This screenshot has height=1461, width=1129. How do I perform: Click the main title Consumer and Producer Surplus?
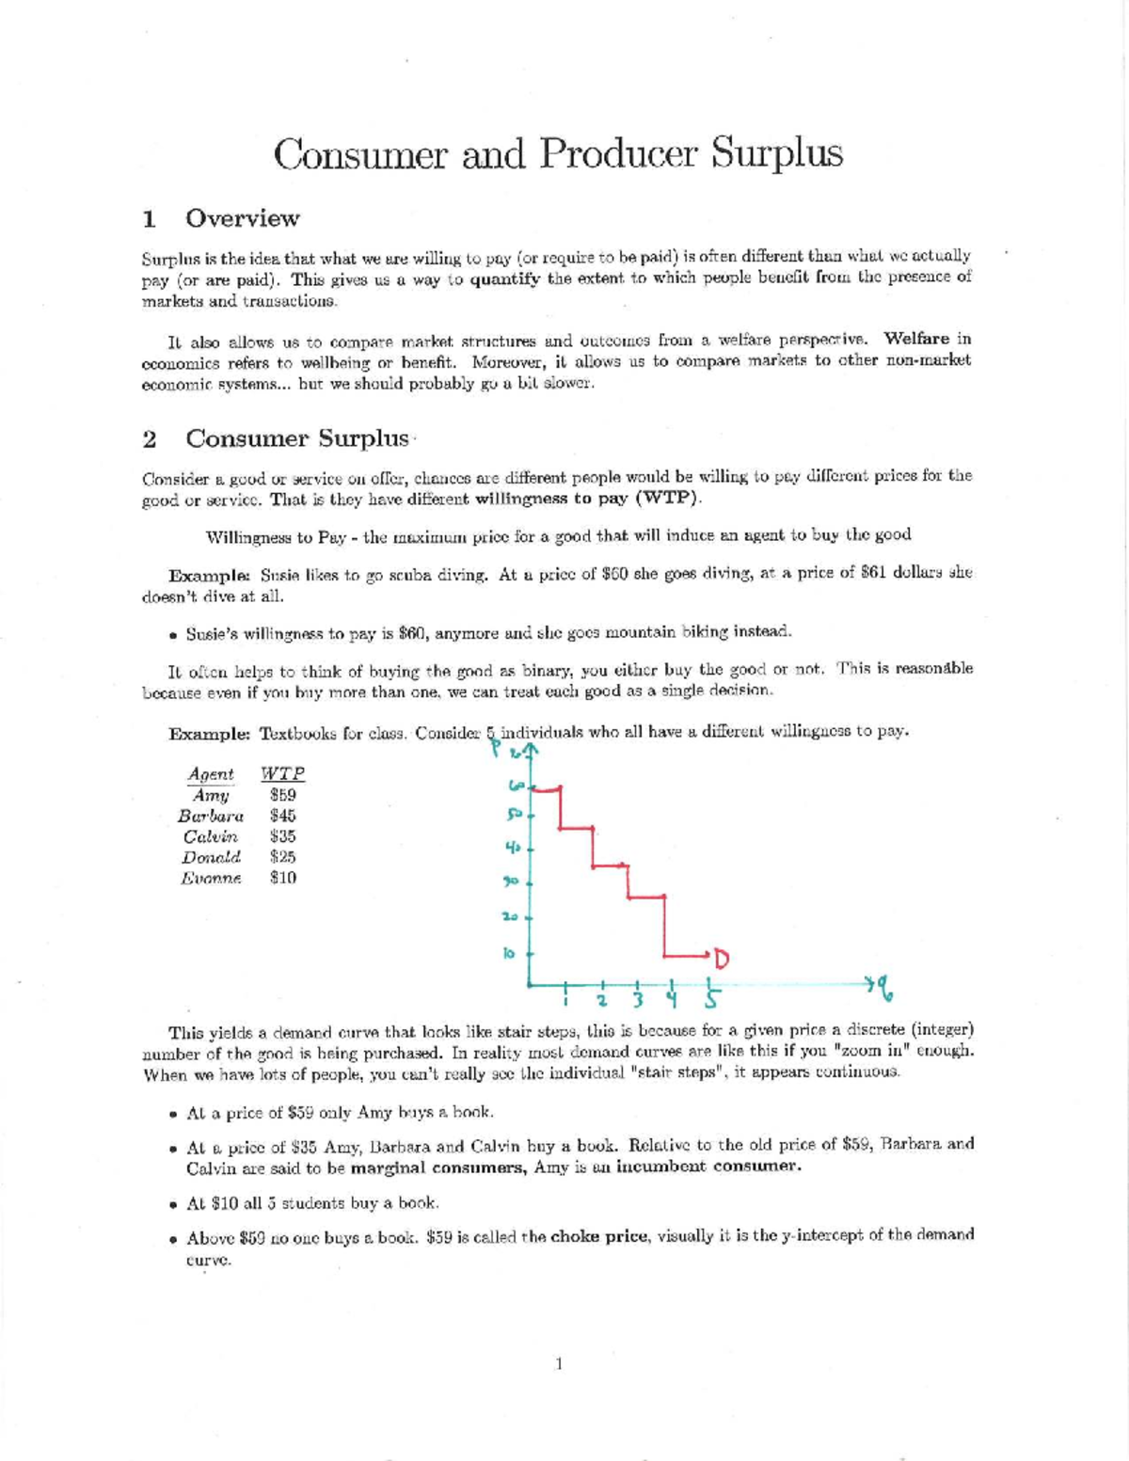click(558, 153)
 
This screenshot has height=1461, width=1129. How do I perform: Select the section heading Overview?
click(242, 218)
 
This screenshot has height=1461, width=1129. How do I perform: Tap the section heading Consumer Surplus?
click(297, 438)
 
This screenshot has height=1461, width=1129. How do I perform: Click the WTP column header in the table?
click(282, 773)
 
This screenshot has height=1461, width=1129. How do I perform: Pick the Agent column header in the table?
click(211, 773)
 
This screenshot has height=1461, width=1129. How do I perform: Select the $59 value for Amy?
click(282, 795)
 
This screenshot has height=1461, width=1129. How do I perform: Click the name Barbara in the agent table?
click(211, 816)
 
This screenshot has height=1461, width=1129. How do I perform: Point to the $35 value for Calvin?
click(282, 836)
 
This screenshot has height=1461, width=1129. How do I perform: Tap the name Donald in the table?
click(211, 857)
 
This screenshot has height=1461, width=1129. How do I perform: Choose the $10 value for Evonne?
click(282, 878)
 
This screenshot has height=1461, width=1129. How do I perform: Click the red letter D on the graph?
click(721, 960)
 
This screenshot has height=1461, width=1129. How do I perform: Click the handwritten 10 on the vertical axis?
click(509, 953)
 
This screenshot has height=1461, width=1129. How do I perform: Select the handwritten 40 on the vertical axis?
click(512, 847)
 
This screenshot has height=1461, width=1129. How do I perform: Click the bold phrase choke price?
click(598, 1235)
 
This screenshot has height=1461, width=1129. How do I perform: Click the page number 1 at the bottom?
click(559, 1363)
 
